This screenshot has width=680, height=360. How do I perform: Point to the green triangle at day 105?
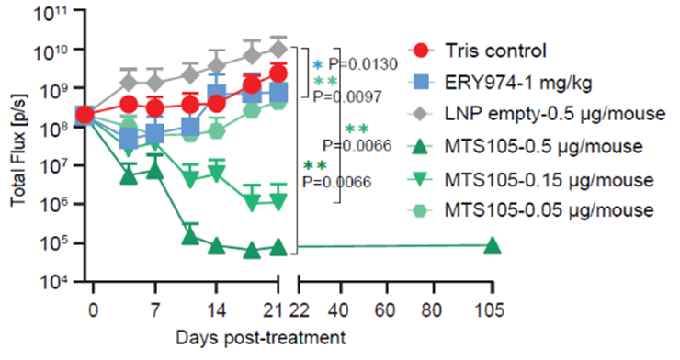492,245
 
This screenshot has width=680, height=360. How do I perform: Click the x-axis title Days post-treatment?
264,337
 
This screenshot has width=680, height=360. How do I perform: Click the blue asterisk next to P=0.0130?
318,65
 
